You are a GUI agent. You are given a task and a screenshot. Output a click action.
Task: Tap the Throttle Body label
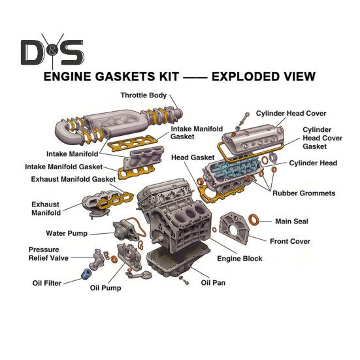144,95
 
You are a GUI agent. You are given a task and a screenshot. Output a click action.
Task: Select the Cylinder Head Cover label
291,113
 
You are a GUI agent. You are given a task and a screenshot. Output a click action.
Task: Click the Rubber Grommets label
303,193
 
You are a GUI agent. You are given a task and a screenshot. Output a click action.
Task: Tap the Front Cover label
289,241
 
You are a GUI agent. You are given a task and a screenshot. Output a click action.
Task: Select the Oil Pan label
213,283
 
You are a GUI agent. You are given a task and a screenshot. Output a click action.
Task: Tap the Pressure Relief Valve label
48,254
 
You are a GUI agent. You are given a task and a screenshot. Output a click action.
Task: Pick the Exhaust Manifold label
46,208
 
